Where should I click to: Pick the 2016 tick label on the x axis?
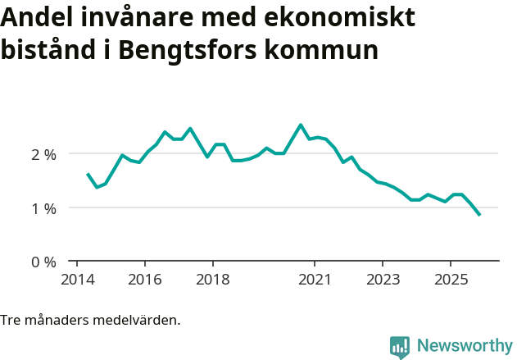click(144, 280)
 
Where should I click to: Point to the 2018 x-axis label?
click(212, 280)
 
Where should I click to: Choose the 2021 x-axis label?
click(314, 280)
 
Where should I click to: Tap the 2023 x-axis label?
click(382, 280)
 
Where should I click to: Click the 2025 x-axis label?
click(450, 280)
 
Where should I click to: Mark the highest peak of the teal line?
click(301, 125)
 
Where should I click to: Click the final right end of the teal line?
click(479, 215)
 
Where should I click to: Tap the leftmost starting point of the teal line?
click(88, 174)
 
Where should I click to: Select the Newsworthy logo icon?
click(400, 347)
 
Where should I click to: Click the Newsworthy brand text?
click(465, 346)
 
